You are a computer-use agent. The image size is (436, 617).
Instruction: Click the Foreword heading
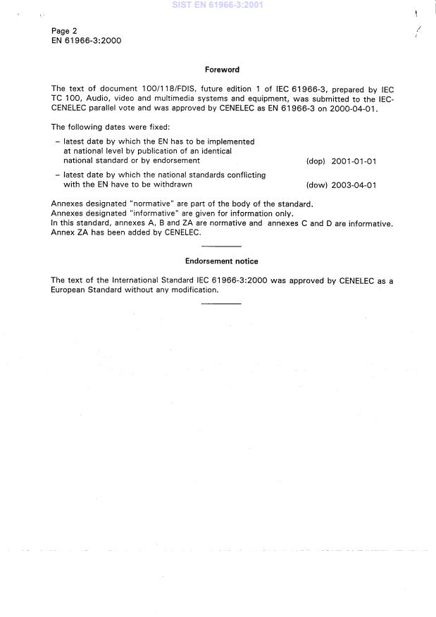point(222,70)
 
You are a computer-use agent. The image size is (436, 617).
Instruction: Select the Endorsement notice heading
point(222,261)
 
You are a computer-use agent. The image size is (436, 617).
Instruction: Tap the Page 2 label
point(64,31)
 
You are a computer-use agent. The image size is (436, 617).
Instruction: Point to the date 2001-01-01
point(356,161)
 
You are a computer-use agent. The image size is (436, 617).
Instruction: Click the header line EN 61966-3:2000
point(87,41)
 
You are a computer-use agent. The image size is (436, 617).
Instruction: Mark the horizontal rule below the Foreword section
point(222,246)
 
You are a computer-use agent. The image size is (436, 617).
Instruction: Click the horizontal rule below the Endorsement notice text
point(222,304)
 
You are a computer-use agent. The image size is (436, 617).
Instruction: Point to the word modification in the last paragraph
point(192,290)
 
